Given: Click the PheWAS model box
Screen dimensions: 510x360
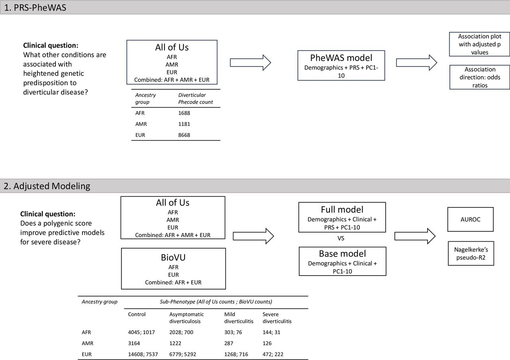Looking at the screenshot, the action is pyautogui.click(x=341, y=65).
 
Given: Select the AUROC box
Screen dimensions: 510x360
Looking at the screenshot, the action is pyautogui.click(x=471, y=219).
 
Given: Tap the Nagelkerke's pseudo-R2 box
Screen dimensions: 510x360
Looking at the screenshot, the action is pyautogui.click(x=471, y=254).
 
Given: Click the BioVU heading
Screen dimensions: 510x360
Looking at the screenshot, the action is pyautogui.click(x=173, y=257).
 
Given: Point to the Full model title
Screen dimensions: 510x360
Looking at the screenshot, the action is pyautogui.click(x=342, y=209).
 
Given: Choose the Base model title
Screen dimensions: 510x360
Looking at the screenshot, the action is pyautogui.click(x=342, y=254).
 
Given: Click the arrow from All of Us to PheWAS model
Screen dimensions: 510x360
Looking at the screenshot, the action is pyautogui.click(x=251, y=63).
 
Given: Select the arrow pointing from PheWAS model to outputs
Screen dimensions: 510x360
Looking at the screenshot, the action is pyautogui.click(x=417, y=63).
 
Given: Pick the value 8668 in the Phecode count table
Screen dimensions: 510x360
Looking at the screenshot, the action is pyautogui.click(x=184, y=135).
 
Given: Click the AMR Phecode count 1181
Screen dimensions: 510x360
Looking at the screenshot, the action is pyautogui.click(x=184, y=124).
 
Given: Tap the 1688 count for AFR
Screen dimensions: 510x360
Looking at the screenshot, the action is pyautogui.click(x=184, y=113).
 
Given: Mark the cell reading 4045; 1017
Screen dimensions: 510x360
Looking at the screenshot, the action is pyautogui.click(x=141, y=332).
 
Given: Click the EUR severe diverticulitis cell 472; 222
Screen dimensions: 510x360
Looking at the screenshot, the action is pyautogui.click(x=273, y=354).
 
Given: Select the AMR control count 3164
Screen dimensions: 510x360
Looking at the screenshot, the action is pyautogui.click(x=134, y=343).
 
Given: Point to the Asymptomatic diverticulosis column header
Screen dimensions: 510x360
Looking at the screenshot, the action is pyautogui.click(x=186, y=318).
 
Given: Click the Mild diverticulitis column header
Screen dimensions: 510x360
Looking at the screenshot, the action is pyautogui.click(x=239, y=318).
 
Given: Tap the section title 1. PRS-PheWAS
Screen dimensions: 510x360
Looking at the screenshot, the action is pyautogui.click(x=35, y=8).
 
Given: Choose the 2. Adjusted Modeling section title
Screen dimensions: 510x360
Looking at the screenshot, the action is pyautogui.click(x=47, y=186).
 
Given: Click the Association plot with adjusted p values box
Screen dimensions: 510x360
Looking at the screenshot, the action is pyautogui.click(x=479, y=44).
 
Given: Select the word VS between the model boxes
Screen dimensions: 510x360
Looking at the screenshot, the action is pyautogui.click(x=341, y=238).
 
